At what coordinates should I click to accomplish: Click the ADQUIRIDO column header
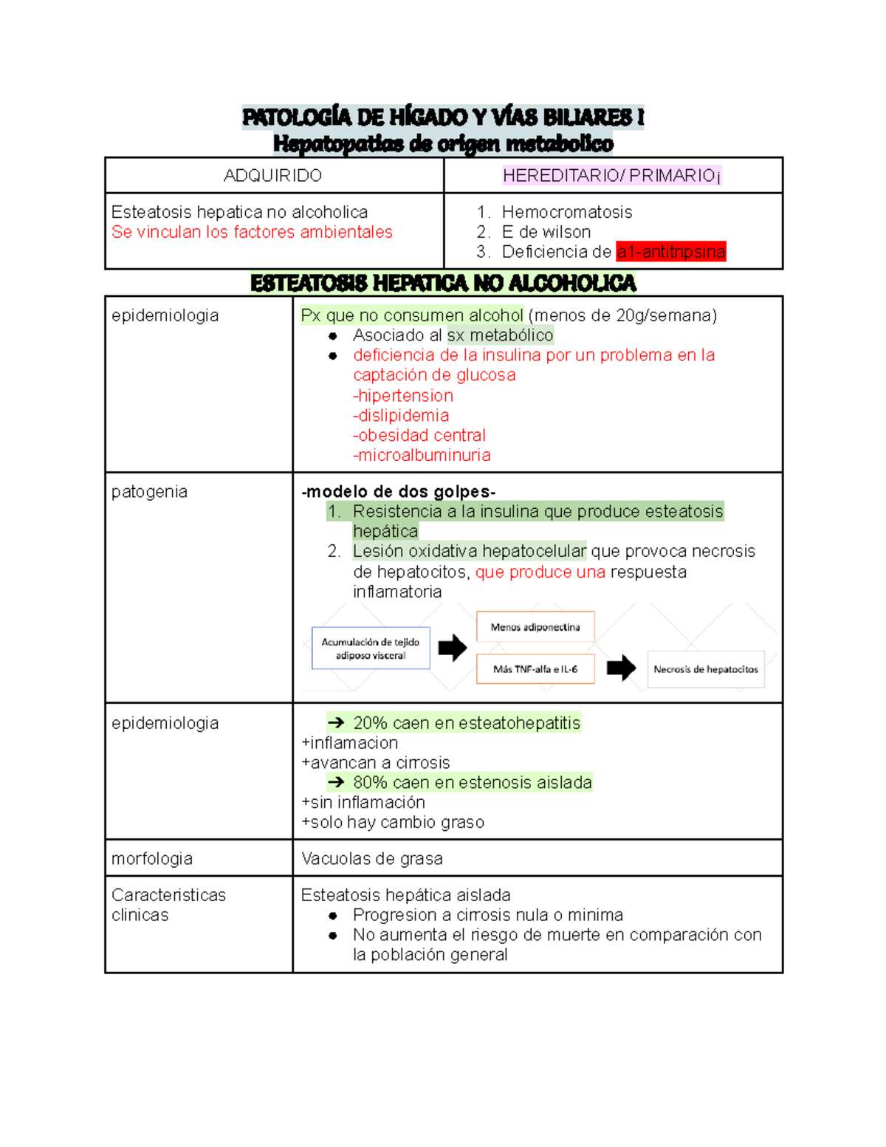point(272,176)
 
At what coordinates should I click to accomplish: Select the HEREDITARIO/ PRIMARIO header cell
point(612,176)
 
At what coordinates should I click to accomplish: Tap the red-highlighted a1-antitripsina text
point(671,252)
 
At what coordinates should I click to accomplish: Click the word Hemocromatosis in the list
point(566,212)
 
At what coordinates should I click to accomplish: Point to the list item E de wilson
point(546,232)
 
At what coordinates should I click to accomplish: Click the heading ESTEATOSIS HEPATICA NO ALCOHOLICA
point(443,283)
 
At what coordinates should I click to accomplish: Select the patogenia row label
point(149,492)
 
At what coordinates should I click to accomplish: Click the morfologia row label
point(152,858)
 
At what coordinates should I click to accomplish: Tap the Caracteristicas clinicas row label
point(168,905)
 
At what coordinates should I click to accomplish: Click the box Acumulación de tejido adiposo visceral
point(371,648)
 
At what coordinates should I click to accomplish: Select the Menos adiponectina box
point(535,627)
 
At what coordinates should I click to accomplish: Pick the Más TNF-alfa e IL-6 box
point(535,669)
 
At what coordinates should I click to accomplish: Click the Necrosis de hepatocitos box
point(705,669)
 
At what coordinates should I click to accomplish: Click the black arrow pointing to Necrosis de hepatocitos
point(621,668)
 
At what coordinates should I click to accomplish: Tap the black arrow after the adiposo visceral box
point(453,648)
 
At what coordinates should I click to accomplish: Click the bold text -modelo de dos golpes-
point(399,492)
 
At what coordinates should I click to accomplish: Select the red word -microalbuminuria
point(422,455)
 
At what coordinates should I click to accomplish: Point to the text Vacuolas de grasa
point(372,858)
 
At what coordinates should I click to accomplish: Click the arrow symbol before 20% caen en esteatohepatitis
point(336,723)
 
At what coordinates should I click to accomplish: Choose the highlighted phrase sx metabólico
point(500,335)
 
